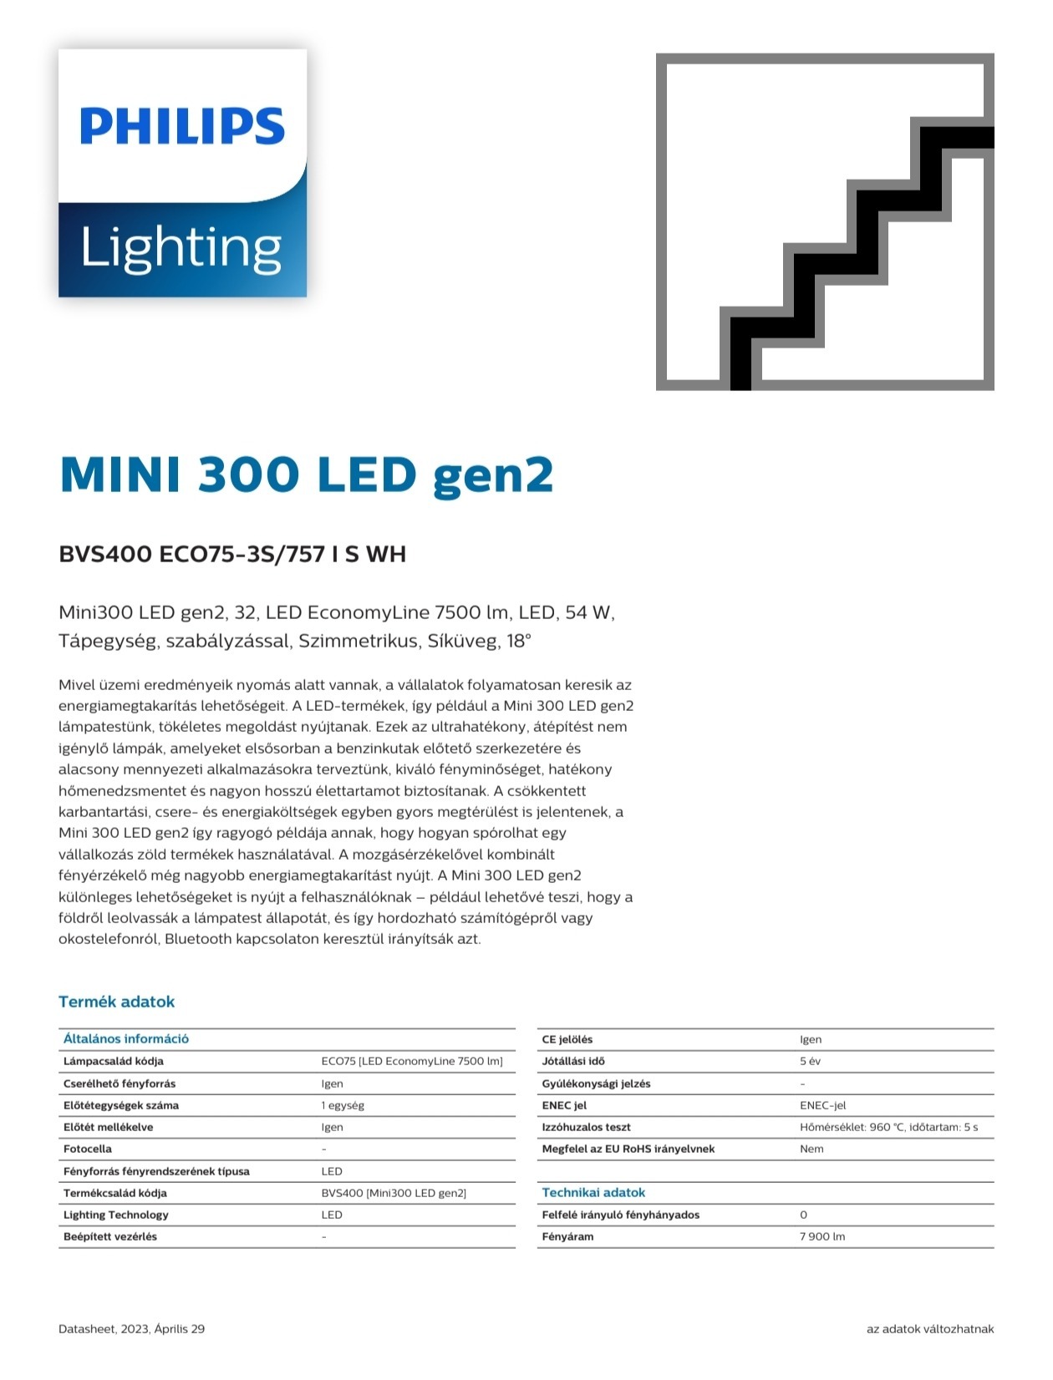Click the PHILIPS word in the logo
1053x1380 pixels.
tap(182, 127)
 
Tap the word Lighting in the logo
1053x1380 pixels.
tap(181, 248)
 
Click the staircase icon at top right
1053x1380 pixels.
tap(825, 222)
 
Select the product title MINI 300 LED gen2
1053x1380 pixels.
tap(306, 474)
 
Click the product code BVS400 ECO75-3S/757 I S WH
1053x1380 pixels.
tap(231, 554)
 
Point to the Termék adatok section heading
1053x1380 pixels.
tap(116, 1002)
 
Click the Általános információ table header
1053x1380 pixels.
tap(126, 1039)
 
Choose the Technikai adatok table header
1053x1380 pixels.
tap(593, 1193)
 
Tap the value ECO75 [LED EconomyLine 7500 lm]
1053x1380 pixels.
tap(412, 1061)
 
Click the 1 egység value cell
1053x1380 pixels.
tap(343, 1105)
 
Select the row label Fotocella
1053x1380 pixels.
tap(88, 1149)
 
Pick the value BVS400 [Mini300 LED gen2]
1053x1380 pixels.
tap(394, 1193)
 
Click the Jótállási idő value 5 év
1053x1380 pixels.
tap(810, 1061)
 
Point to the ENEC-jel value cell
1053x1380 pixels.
tap(822, 1105)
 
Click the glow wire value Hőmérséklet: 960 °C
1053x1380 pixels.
tap(888, 1127)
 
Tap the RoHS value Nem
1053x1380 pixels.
tap(811, 1149)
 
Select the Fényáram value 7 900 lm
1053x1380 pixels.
tap(822, 1236)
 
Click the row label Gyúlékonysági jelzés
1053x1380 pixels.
tap(596, 1083)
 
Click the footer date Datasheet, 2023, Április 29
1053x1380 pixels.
tap(131, 1329)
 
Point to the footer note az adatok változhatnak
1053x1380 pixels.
tap(930, 1329)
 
